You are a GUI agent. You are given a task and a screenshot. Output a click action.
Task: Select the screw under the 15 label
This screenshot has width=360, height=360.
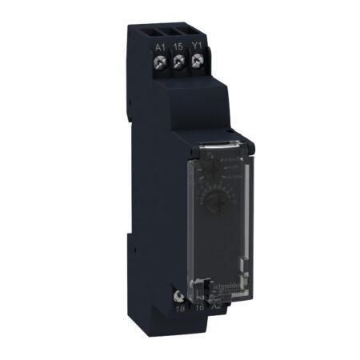point(179,63)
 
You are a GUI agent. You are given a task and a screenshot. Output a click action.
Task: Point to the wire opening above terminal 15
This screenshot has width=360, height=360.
point(179,34)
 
